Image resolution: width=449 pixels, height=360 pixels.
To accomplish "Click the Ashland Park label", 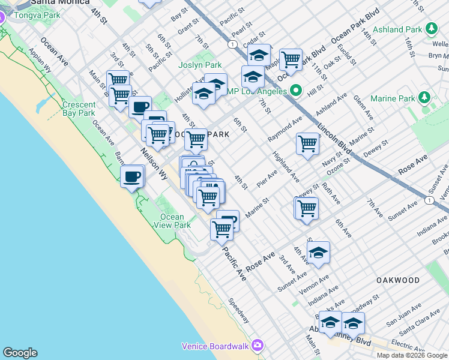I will coord(397,29).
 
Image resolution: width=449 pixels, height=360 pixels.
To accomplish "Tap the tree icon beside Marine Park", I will coord(424,97).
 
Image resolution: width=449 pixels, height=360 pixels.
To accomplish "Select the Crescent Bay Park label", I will coord(79,109).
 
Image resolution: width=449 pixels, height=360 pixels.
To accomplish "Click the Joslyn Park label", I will coord(200,65).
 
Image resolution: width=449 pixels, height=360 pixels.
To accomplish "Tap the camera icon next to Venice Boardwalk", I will coord(258,345).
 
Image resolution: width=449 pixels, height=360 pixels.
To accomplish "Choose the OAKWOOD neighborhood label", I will coord(398,280).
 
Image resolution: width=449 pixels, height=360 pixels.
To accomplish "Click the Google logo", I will coord(20,353).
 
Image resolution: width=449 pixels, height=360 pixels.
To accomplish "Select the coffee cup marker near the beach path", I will coord(132,176).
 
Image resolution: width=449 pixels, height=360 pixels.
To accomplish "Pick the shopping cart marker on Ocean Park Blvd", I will coord(291,59).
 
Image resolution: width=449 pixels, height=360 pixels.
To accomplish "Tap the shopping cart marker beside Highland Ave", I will coord(307,143).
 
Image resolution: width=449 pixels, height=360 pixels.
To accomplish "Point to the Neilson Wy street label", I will coord(154,164).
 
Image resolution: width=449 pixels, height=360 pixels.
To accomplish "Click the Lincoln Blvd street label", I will coord(334,139).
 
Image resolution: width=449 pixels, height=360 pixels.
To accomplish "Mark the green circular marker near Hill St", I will coord(295,91).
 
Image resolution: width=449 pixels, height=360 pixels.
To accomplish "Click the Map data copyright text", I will coord(411,355).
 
